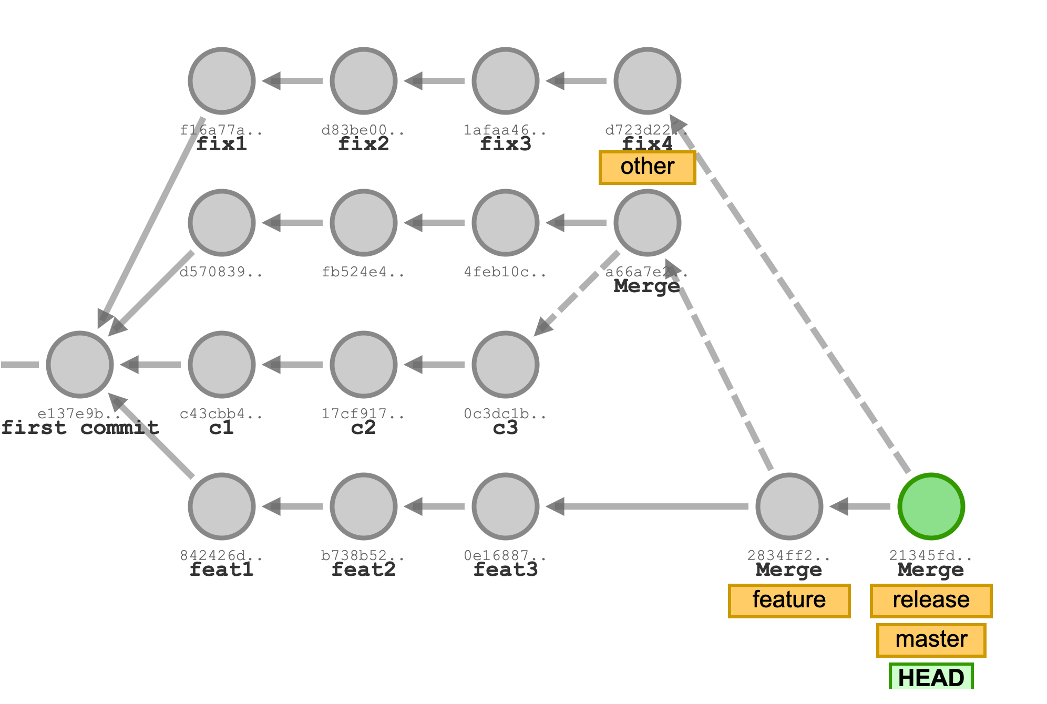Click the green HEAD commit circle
pos(931,506)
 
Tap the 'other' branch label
pos(647,167)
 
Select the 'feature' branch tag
pos(789,600)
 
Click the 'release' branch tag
pos(931,600)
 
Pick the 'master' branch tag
pos(931,639)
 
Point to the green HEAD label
pos(931,677)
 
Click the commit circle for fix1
pos(222,81)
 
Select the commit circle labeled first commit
pos(80,365)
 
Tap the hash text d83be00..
pos(363,130)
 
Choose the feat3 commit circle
pos(506,506)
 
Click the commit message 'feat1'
pos(222,570)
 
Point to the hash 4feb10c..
pos(505,272)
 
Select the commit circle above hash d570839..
pos(222,223)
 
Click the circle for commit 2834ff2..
pos(789,506)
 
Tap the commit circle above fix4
pos(648,81)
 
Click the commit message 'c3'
pos(506,428)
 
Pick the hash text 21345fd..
pos(930,555)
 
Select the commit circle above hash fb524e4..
pos(364,223)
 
